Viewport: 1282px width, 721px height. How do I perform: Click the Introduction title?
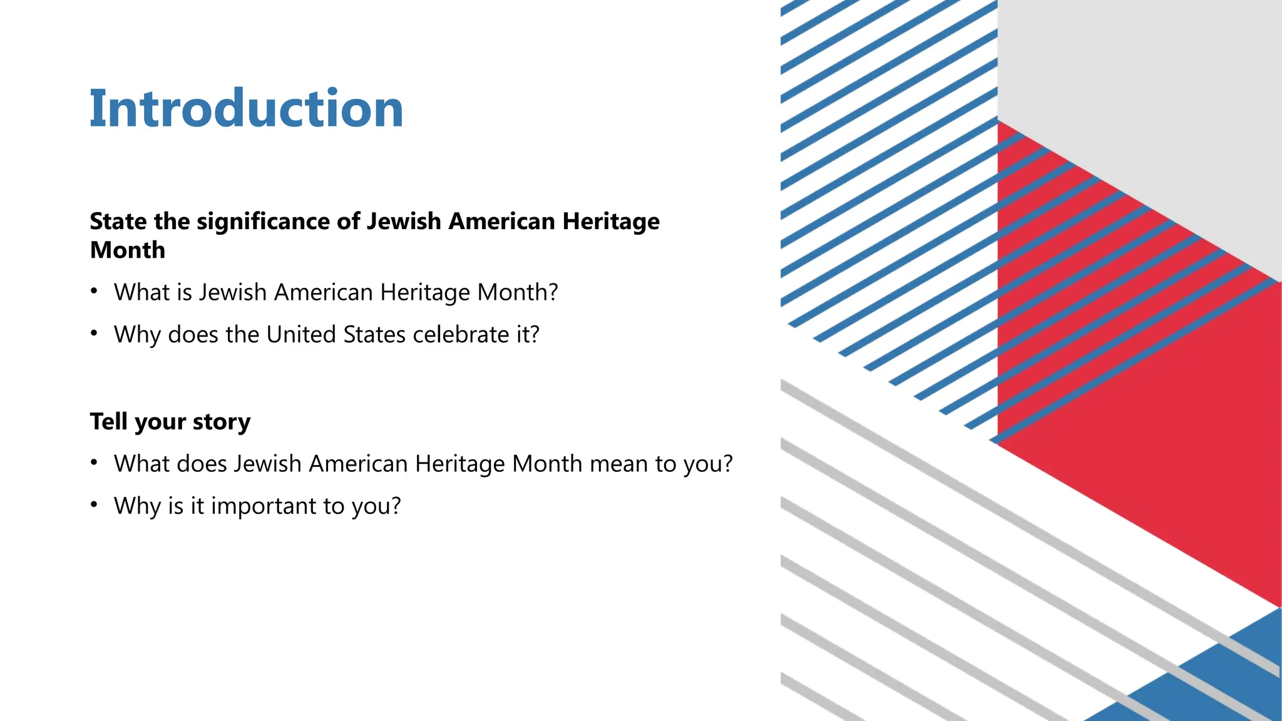coord(246,108)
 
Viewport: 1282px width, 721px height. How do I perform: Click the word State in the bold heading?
coord(118,222)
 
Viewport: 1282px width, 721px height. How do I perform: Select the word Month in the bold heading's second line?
coord(128,250)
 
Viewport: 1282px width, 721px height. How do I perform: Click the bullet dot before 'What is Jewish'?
coord(94,291)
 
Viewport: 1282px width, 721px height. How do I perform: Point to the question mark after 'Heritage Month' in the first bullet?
coord(552,292)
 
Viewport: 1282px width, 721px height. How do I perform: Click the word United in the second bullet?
coord(301,334)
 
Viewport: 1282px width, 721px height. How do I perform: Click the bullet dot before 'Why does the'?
coord(94,333)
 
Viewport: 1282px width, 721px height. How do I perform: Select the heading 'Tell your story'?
coord(170,422)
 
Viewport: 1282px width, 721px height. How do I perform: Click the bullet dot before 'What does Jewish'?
coord(94,463)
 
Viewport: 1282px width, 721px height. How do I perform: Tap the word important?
coord(264,506)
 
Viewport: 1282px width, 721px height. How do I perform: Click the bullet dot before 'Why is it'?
coord(94,504)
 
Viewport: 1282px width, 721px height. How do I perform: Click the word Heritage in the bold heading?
coord(611,222)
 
